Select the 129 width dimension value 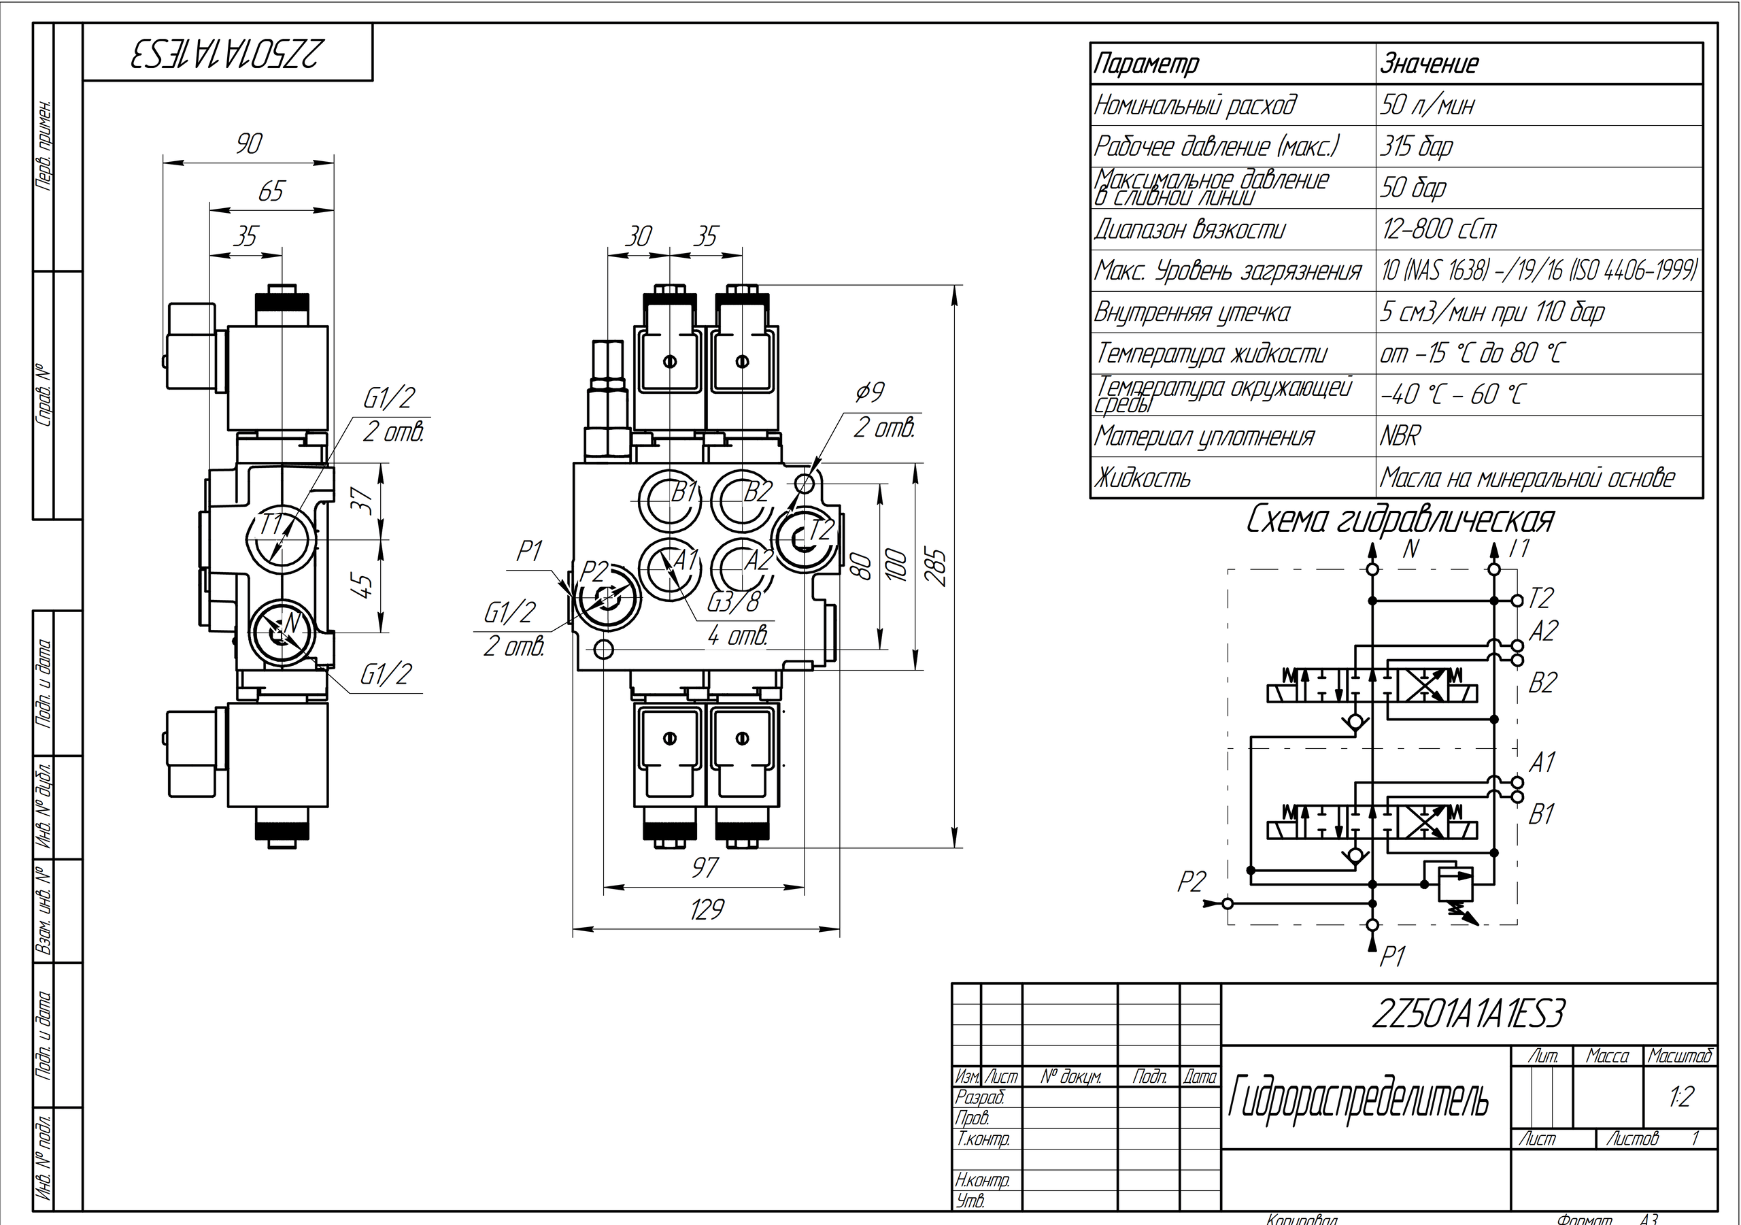click(707, 909)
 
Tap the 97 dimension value click(705, 867)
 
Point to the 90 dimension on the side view click(249, 144)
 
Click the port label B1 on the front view click(685, 493)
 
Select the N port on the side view click(282, 628)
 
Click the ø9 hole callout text click(870, 393)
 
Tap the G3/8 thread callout click(732, 601)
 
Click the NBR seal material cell click(1400, 437)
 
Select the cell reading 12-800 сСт click(1438, 229)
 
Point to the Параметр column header click(1147, 64)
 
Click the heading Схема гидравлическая click(1400, 520)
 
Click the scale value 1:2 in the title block click(1680, 1097)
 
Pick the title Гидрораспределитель click(1358, 1099)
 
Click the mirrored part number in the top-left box click(227, 53)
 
